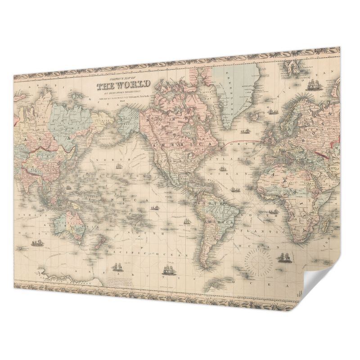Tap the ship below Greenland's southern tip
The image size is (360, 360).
(246, 131)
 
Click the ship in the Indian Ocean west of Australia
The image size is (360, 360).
(36, 244)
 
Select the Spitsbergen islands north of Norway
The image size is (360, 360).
(292, 67)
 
